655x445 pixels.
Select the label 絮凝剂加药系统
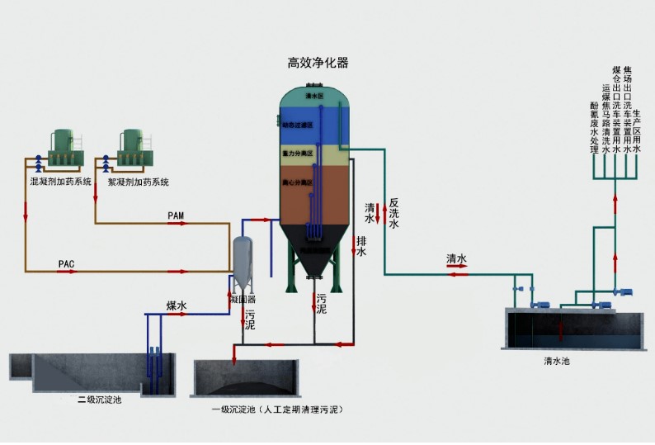139,181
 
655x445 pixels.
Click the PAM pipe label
176,215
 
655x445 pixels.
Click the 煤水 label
177,306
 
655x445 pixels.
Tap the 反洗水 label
393,212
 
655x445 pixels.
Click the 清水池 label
557,361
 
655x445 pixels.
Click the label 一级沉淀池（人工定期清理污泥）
276,409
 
